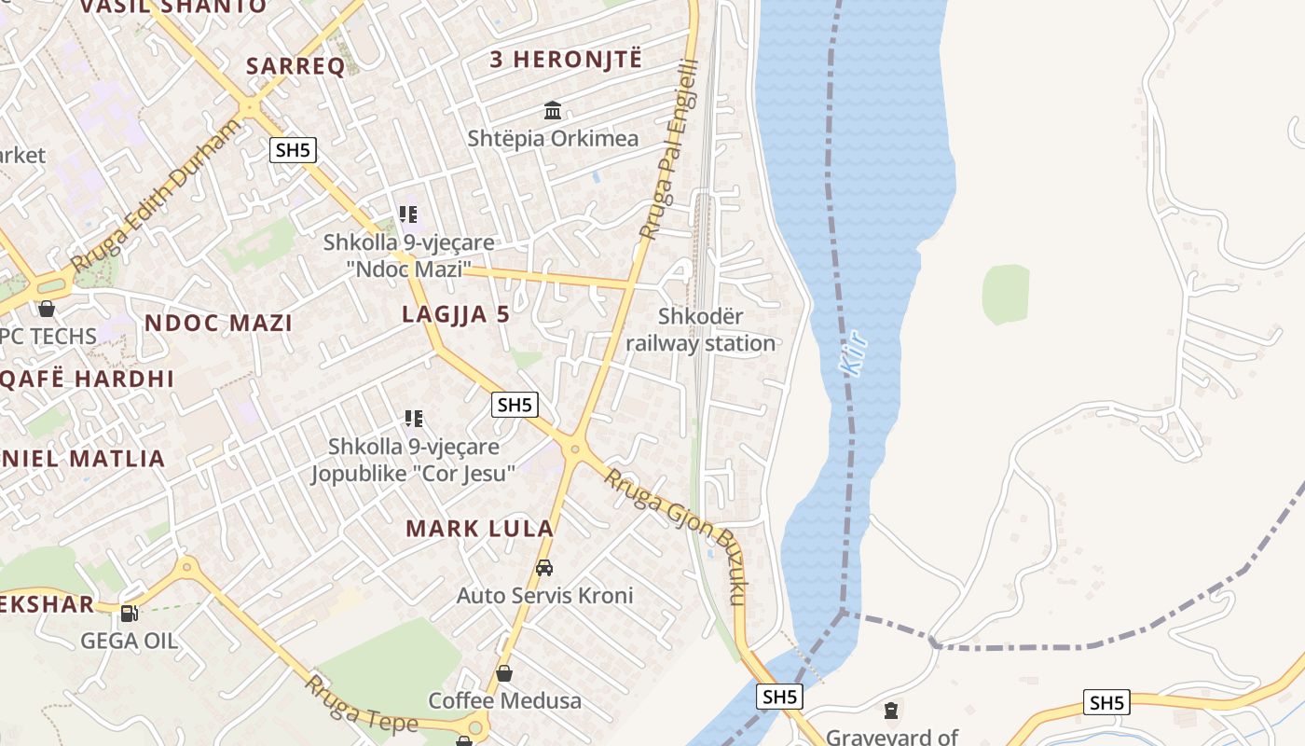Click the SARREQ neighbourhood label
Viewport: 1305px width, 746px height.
pyautogui.click(x=295, y=65)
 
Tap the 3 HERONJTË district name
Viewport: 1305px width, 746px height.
pyautogui.click(x=566, y=59)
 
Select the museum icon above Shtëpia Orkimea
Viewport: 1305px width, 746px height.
pyautogui.click(x=553, y=111)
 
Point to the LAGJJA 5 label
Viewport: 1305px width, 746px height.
pyautogui.click(x=456, y=314)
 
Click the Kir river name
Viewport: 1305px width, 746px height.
pyautogui.click(x=854, y=352)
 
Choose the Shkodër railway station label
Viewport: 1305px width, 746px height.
pyautogui.click(x=700, y=330)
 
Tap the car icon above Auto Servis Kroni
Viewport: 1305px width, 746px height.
pyautogui.click(x=544, y=567)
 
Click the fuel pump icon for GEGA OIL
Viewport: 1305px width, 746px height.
pyautogui.click(x=130, y=613)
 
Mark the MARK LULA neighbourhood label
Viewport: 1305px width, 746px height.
pyautogui.click(x=480, y=529)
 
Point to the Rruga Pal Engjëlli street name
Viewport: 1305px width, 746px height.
pyautogui.click(x=668, y=149)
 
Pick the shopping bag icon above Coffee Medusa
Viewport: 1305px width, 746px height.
pyautogui.click(x=504, y=672)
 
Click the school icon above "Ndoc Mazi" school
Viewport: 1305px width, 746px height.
pyautogui.click(x=408, y=214)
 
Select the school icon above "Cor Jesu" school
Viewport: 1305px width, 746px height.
pyautogui.click(x=414, y=419)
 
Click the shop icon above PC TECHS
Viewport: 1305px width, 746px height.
pyautogui.click(x=47, y=308)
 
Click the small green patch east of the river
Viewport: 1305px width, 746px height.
pyautogui.click(x=1006, y=295)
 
